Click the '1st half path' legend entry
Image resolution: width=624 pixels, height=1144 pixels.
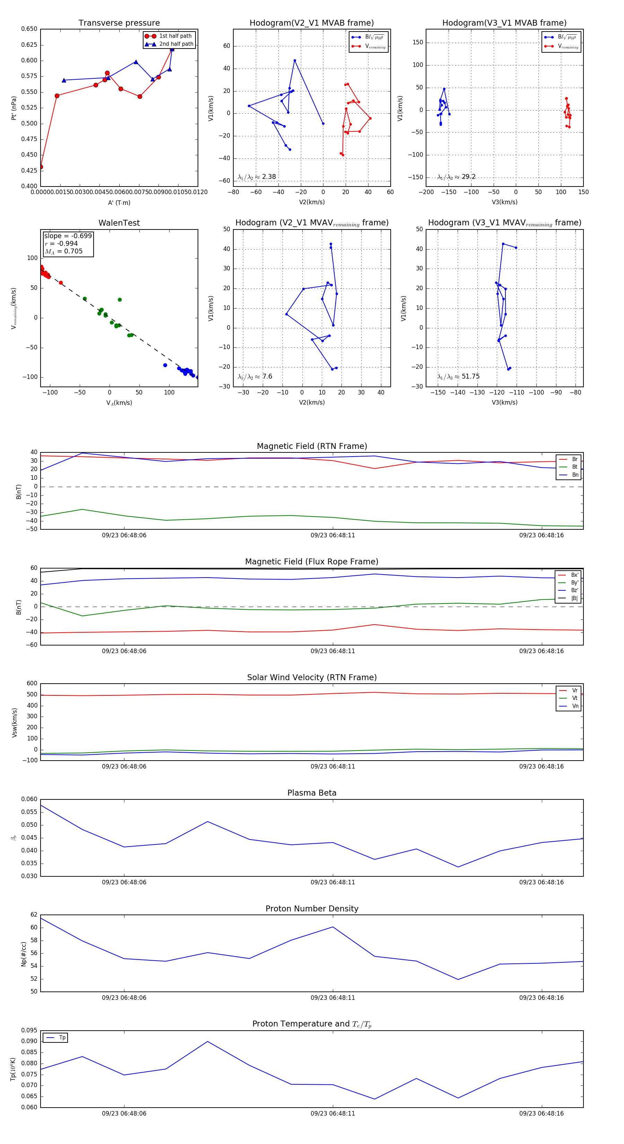point(175,36)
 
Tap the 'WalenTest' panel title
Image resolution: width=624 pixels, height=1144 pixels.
point(119,223)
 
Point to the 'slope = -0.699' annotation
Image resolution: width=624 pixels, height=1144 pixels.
point(68,236)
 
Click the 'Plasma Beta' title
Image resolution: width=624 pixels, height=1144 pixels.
point(312,793)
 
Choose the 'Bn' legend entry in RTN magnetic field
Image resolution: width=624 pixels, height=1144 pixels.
point(575,475)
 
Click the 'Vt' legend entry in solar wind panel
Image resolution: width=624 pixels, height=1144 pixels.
point(574,698)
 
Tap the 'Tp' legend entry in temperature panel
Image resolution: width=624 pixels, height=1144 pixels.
point(62,1038)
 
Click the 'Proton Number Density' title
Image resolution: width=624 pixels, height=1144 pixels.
point(312,908)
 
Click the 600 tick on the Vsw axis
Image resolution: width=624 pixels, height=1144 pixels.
point(32,684)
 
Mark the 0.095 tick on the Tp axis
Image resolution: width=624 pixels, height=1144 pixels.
point(29,1030)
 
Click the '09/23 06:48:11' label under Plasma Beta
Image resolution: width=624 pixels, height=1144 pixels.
point(333,882)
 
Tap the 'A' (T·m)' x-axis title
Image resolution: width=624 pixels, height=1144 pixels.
point(119,202)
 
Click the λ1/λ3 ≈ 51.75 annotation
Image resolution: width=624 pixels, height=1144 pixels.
point(458,376)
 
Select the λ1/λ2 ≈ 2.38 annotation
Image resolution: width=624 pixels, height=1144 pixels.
point(257,177)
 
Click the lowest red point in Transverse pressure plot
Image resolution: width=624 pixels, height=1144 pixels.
point(41,167)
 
